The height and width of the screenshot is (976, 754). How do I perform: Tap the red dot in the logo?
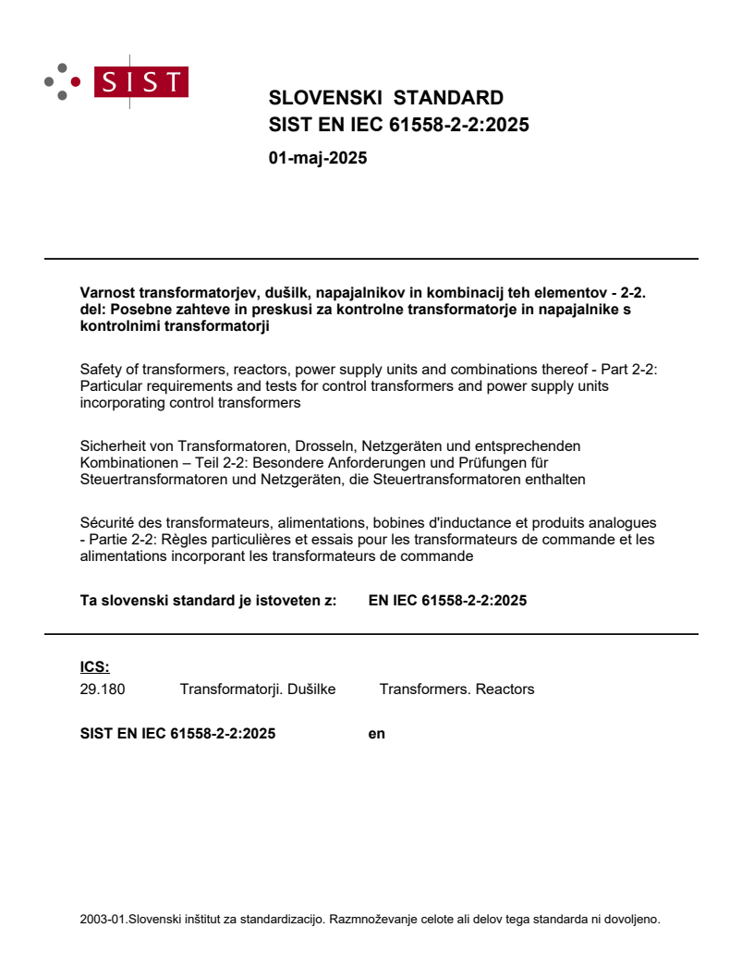point(76,81)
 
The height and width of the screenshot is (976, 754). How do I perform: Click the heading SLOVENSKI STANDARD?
point(385,98)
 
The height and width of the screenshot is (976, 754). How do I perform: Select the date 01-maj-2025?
point(318,158)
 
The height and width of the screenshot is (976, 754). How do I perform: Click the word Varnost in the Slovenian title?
point(107,293)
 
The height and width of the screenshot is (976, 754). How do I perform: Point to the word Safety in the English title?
point(102,369)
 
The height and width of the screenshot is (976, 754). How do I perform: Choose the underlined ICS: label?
point(95,666)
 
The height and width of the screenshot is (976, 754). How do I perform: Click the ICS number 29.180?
point(103,689)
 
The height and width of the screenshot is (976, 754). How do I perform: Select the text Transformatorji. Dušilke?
point(258,689)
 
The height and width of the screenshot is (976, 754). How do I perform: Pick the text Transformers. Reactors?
point(456,689)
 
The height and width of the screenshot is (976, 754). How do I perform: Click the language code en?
point(376,734)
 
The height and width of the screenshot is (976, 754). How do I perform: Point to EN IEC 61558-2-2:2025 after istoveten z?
point(447,601)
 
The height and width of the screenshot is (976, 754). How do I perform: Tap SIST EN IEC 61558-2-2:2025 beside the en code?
point(177,734)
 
